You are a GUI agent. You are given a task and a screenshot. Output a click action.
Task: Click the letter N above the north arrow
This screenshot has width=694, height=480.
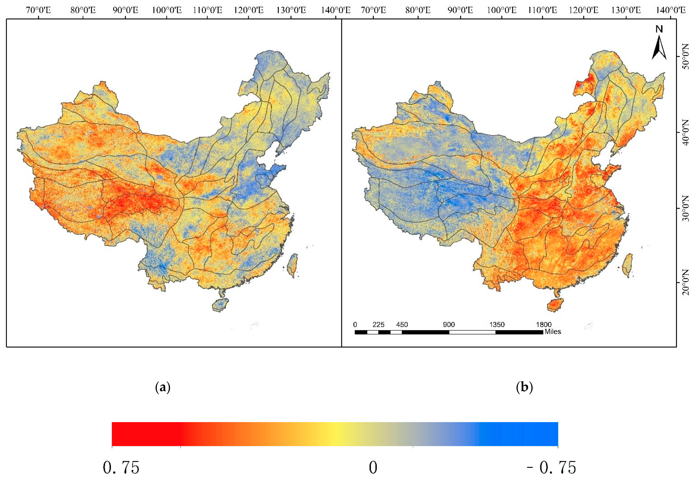tap(659, 29)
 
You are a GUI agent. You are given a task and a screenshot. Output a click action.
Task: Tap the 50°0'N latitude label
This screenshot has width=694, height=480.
tap(685, 60)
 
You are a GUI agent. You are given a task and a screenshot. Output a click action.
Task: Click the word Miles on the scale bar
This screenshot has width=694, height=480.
tap(553, 332)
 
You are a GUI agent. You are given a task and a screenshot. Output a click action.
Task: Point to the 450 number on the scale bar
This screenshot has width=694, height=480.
tap(402, 324)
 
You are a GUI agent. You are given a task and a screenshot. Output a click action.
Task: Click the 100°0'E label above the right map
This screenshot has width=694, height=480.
tap(501, 10)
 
